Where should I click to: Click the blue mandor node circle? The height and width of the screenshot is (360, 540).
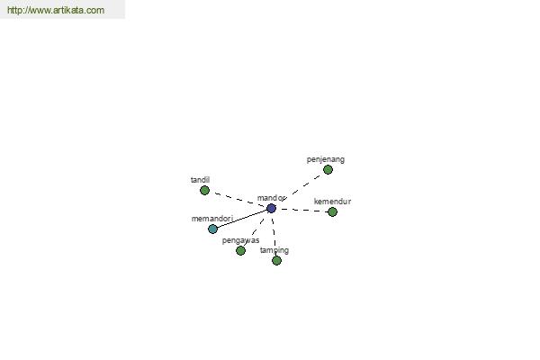click(x=272, y=209)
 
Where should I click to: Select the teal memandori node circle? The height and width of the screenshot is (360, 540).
click(x=212, y=229)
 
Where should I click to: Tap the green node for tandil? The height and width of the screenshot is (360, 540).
click(x=204, y=190)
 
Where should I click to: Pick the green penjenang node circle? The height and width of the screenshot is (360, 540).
click(x=328, y=169)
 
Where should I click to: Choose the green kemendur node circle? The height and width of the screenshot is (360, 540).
click(x=332, y=211)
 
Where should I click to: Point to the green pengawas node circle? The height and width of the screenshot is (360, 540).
click(x=240, y=250)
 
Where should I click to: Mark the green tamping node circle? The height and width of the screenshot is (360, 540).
click(x=276, y=260)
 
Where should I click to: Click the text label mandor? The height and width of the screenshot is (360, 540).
click(x=271, y=198)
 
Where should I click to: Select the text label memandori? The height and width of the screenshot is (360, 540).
click(x=212, y=219)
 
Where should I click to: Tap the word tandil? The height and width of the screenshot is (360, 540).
click(x=200, y=180)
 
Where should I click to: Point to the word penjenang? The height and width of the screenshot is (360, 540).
click(x=326, y=159)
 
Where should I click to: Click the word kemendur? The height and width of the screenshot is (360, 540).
click(x=332, y=202)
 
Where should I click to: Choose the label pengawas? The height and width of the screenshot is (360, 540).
click(x=240, y=240)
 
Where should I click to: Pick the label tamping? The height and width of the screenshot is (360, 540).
click(x=274, y=250)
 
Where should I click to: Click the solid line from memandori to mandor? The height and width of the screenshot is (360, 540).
click(x=242, y=219)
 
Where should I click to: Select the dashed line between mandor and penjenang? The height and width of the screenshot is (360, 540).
click(x=300, y=189)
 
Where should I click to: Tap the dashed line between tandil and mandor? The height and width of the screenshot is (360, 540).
click(x=238, y=200)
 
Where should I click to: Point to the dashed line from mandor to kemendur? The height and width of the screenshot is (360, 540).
click(x=301, y=210)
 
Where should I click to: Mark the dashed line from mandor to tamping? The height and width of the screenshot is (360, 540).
click(x=274, y=234)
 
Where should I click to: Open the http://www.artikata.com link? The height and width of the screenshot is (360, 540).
click(x=56, y=10)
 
